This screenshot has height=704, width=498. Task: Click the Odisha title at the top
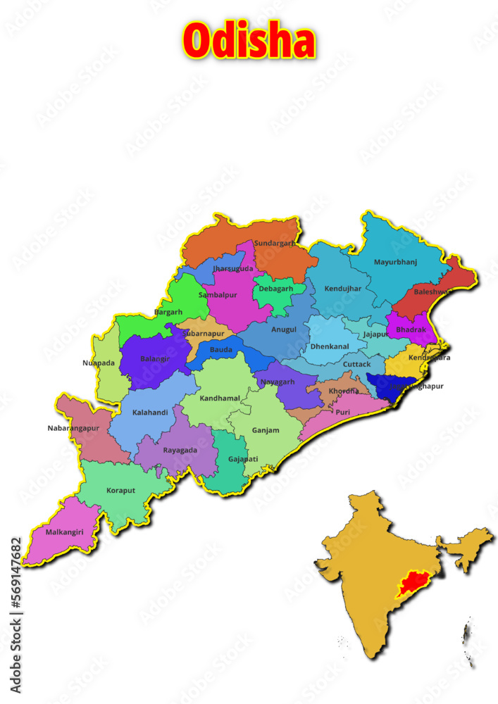point(249,41)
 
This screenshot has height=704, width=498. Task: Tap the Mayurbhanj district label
point(395,263)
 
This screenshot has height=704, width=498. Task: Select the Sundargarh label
point(275,244)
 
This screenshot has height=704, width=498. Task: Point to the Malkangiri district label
point(64,532)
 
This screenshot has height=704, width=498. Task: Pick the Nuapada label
point(98,363)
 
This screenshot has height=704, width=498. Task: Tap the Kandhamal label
point(220,398)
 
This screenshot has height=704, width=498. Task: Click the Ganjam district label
point(266,430)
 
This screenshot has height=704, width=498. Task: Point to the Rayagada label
point(180,450)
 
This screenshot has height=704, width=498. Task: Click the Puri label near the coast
point(342,412)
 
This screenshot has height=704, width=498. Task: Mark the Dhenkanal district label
point(330,346)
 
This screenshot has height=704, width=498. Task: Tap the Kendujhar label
point(342,289)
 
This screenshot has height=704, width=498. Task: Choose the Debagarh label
point(276,289)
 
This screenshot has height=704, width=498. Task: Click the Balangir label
point(155,359)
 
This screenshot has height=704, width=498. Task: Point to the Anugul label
point(284,329)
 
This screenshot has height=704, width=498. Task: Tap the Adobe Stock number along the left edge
point(15,584)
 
